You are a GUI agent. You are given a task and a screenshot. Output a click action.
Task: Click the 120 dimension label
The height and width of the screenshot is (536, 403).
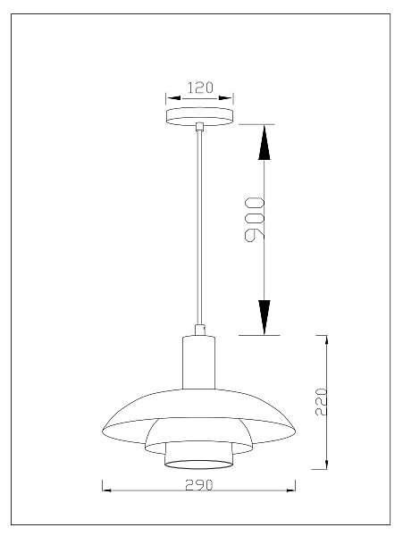click(x=200, y=88)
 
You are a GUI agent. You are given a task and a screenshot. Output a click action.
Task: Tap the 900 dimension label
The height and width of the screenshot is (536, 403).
click(x=255, y=220)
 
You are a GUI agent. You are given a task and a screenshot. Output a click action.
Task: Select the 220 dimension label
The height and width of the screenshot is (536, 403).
click(x=321, y=402)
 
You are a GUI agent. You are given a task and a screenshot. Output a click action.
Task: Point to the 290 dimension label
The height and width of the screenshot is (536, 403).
click(x=199, y=485)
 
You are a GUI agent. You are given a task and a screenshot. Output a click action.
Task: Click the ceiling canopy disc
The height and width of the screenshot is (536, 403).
click(x=199, y=116)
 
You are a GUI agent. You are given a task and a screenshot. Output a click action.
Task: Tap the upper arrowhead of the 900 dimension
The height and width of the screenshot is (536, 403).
click(x=264, y=143)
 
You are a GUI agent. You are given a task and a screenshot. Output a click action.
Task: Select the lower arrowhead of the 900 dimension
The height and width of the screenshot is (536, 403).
click(x=264, y=317)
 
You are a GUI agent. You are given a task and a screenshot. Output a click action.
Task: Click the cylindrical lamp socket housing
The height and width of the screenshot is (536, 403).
click(x=198, y=363)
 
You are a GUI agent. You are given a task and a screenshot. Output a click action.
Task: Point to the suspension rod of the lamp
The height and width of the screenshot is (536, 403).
click(x=199, y=228)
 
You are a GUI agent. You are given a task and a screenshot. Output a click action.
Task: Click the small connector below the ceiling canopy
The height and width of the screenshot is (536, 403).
click(x=199, y=127)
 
